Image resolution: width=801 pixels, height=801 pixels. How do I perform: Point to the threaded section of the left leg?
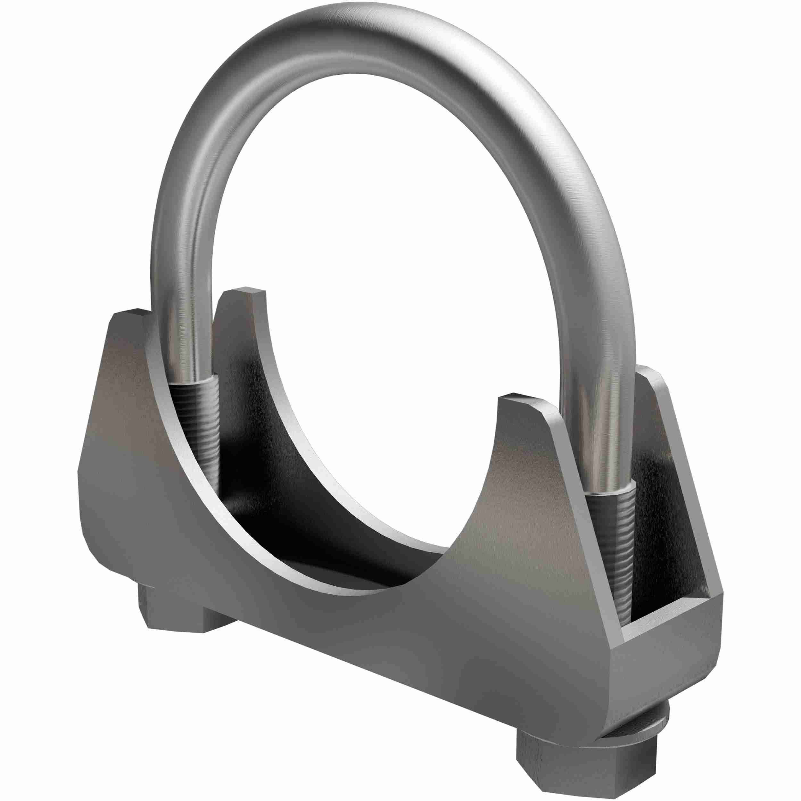click(x=195, y=419)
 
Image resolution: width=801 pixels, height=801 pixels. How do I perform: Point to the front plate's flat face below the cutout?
click(x=373, y=647)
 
